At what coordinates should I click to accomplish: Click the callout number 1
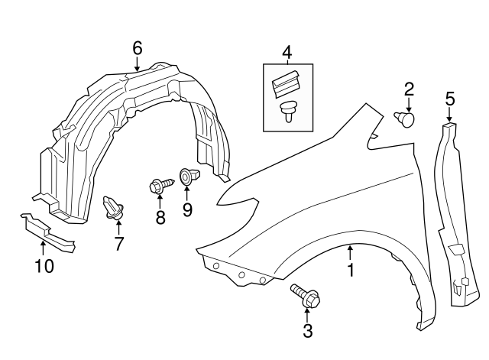[x=351, y=270]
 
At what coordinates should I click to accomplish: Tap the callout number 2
[x=409, y=89]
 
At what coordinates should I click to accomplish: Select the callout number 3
[x=308, y=331]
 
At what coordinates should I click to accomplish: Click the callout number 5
[x=449, y=97]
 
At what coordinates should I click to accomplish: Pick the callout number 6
[x=137, y=47]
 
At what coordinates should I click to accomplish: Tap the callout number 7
[x=118, y=245]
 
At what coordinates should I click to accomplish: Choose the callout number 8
[x=160, y=217]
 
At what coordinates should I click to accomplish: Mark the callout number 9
[x=187, y=209]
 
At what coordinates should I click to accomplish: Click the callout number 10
[x=44, y=266]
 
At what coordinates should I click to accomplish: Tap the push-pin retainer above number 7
[x=115, y=207]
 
